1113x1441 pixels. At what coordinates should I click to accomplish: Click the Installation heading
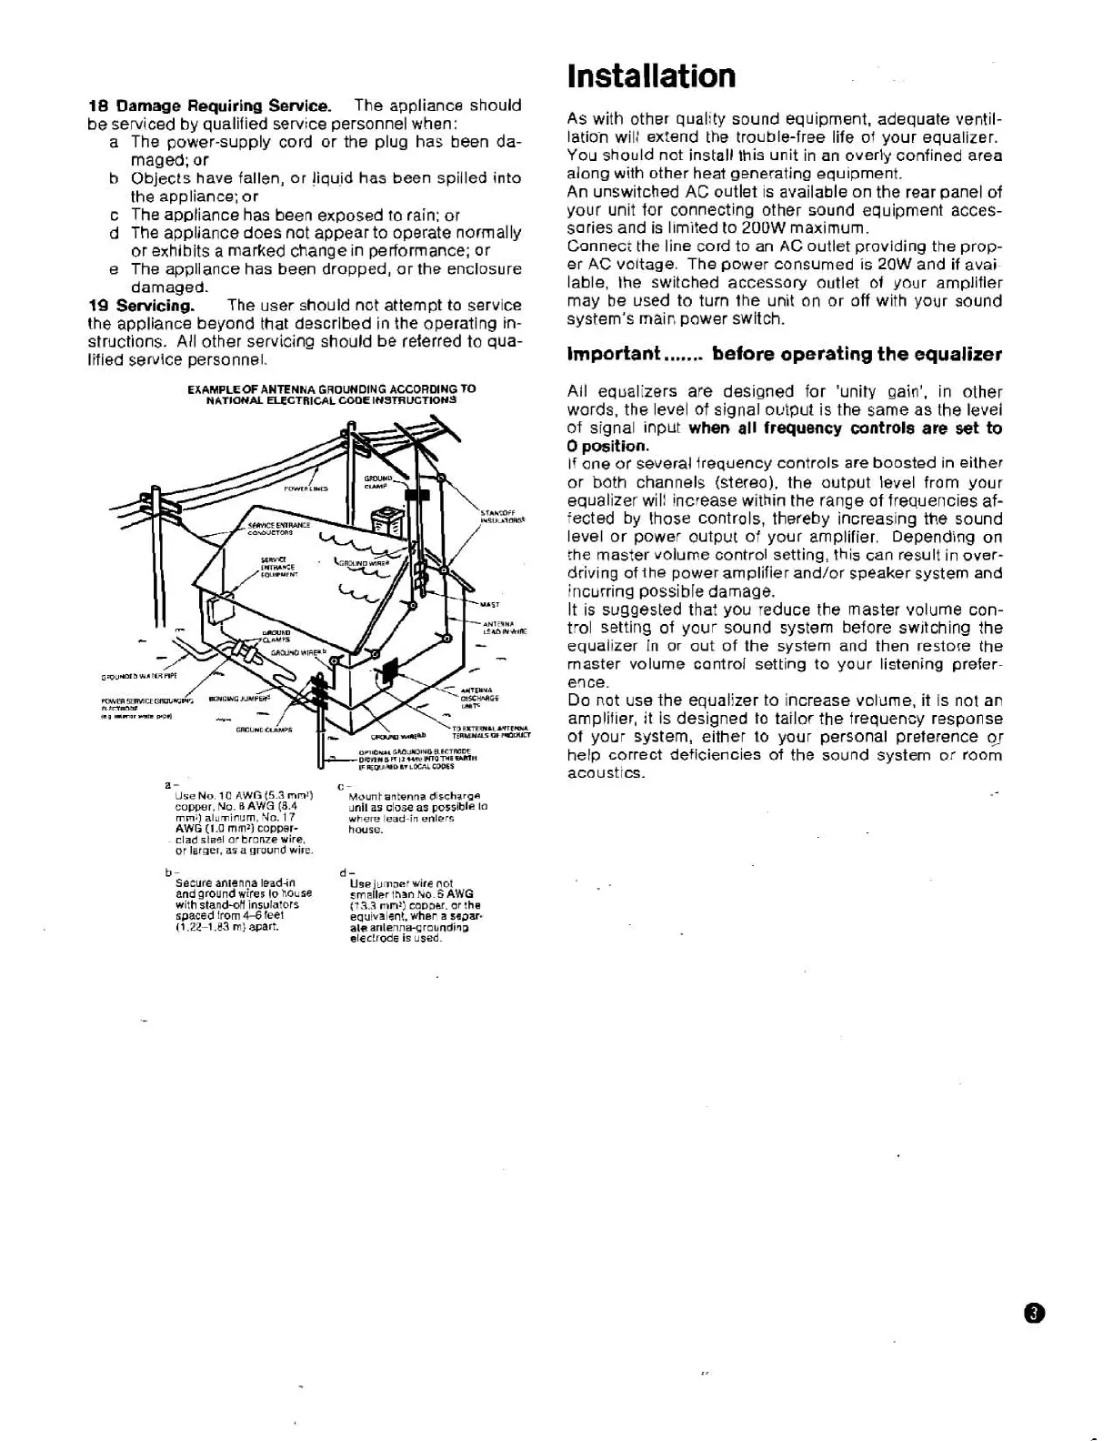[x=651, y=76]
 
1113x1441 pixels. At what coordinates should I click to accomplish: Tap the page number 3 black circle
[x=1035, y=1314]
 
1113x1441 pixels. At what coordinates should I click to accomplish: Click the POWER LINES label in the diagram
[x=306, y=489]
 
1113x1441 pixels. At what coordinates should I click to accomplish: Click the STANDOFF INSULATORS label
[x=503, y=518]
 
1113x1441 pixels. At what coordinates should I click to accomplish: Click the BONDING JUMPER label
[x=239, y=700]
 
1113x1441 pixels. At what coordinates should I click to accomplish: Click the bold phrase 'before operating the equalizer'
[x=857, y=354]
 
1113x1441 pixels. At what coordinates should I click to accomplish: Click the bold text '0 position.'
[x=608, y=446]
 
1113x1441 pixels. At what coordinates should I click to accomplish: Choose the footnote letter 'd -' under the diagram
[x=345, y=874]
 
